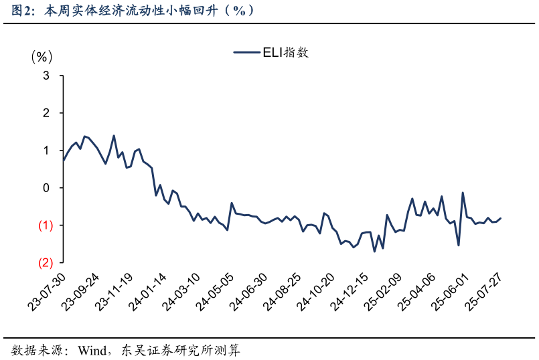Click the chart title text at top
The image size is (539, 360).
click(x=134, y=11)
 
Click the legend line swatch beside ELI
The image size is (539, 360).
click(x=246, y=52)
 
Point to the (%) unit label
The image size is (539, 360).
click(x=42, y=57)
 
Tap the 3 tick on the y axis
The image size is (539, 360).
click(x=46, y=76)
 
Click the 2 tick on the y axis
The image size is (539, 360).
click(x=46, y=114)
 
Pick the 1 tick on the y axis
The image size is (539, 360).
click(x=46, y=151)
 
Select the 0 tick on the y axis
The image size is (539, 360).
click(x=46, y=188)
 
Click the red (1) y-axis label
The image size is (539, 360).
click(x=45, y=226)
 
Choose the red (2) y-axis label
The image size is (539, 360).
click(x=45, y=263)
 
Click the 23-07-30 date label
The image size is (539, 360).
click(x=48, y=292)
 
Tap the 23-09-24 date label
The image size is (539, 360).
click(x=82, y=292)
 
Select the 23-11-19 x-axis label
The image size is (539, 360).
click(x=116, y=292)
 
